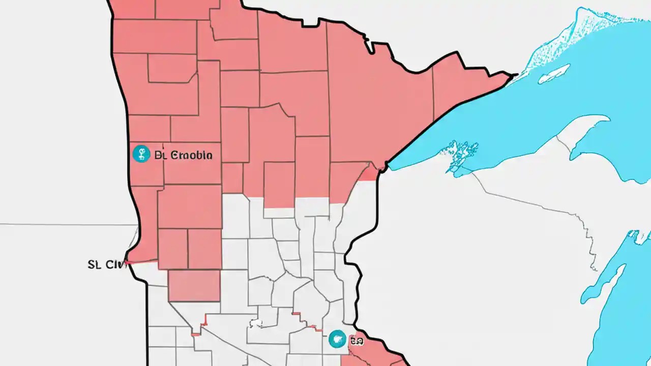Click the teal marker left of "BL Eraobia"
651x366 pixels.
141,154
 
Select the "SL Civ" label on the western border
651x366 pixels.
107,264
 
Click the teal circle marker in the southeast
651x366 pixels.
337,339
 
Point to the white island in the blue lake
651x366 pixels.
554,74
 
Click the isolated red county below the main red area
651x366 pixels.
194,285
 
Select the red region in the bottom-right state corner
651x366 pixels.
374,353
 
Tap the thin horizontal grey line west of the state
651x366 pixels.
66,224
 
